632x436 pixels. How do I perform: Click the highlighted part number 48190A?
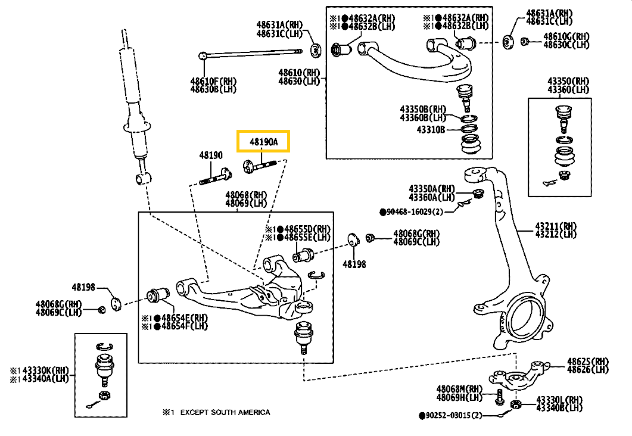[264, 142]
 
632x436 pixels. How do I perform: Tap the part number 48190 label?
[211, 155]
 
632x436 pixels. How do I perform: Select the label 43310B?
[431, 130]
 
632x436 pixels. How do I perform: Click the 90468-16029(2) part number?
[415, 211]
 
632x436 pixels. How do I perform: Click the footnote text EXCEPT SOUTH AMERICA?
[225, 412]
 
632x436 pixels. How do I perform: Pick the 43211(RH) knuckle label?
[556, 226]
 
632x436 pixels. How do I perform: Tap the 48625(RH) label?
[588, 362]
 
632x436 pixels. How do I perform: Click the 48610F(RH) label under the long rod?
[213, 81]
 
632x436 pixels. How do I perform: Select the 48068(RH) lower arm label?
[246, 195]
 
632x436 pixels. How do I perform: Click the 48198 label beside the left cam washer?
[83, 287]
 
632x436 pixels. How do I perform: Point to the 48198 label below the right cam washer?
[354, 264]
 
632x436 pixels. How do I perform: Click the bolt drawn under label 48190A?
[260, 165]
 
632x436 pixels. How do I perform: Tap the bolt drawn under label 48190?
[216, 177]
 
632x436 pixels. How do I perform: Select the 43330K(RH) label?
[45, 370]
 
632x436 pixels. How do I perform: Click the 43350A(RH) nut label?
[432, 189]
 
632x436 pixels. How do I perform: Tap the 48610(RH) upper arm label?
[299, 73]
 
